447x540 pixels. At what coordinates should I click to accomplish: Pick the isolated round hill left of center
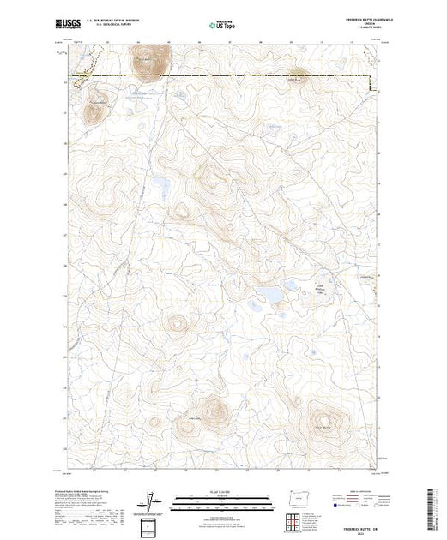coord(178,325)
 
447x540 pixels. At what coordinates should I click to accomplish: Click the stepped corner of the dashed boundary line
coord(371,86)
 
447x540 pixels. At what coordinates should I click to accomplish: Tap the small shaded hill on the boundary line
coord(296,75)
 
